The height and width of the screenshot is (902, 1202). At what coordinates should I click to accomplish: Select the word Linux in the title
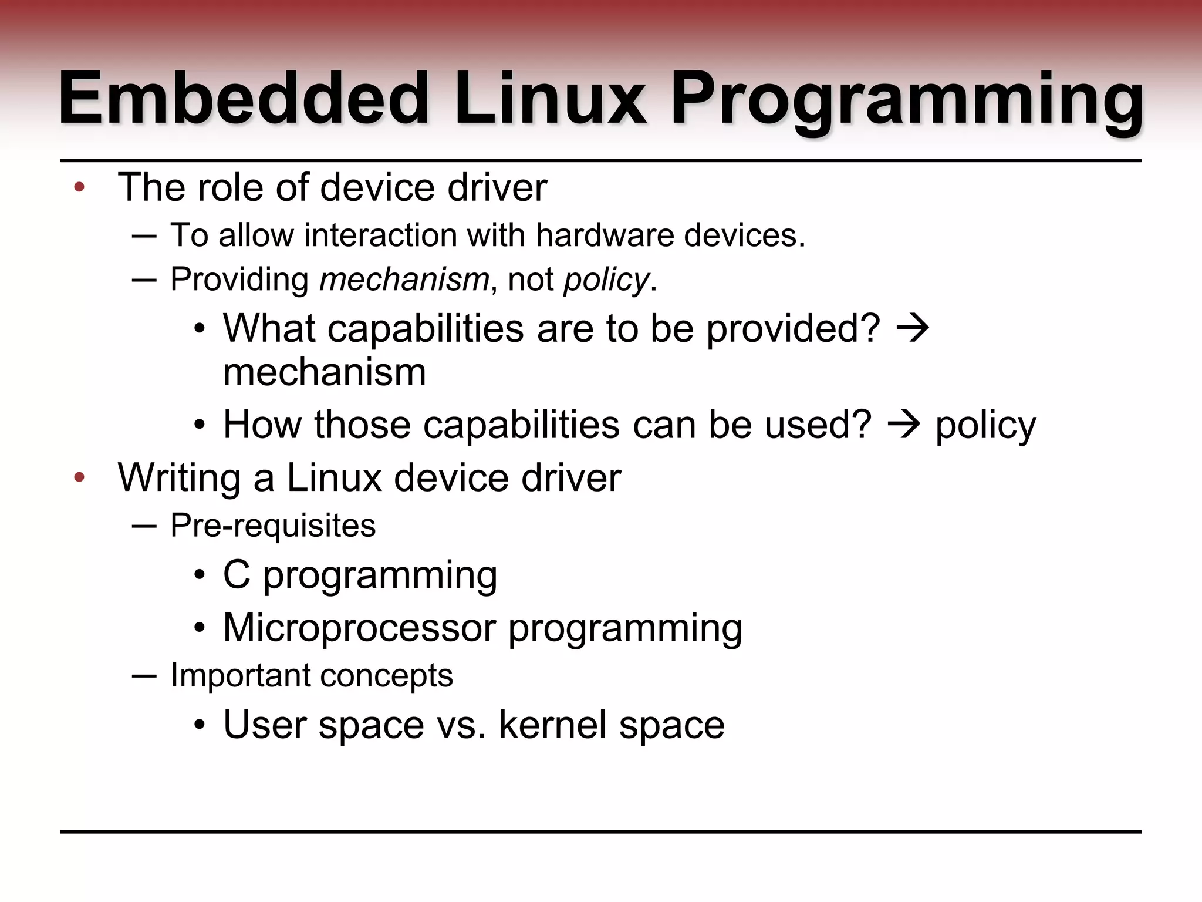tap(550, 98)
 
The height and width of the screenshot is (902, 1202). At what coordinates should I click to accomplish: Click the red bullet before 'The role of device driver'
tap(80, 188)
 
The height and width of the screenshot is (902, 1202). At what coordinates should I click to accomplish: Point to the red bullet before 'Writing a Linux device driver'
tap(80, 477)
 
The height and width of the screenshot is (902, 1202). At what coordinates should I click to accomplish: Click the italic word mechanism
tap(404, 279)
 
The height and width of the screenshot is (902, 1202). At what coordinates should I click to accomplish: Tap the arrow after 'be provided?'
tap(913, 328)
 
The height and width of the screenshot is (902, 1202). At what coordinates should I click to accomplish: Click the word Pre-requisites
tap(273, 526)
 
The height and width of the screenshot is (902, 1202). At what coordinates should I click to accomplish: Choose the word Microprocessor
tap(360, 627)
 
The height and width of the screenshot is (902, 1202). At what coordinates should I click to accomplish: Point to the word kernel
tap(552, 724)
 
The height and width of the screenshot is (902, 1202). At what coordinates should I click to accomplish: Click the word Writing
tap(179, 478)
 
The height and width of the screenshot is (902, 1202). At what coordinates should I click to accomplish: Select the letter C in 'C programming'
tap(237, 574)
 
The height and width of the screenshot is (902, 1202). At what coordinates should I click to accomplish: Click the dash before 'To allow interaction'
tap(144, 236)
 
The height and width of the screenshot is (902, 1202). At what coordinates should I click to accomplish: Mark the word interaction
tap(381, 235)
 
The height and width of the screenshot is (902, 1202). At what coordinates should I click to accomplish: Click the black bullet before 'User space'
tap(200, 725)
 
